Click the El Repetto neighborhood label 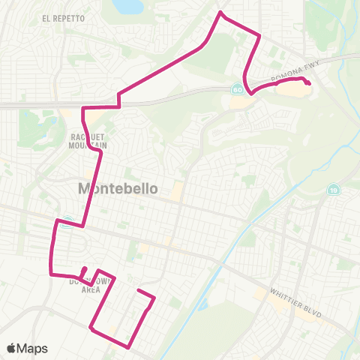point(56,18)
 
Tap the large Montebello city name point(118,189)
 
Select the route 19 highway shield point(332,191)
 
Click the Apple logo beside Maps point(12,348)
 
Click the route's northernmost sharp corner point(219,13)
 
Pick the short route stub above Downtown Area point(84,271)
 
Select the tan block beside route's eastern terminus point(291,89)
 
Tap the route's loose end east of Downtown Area point(139,289)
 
